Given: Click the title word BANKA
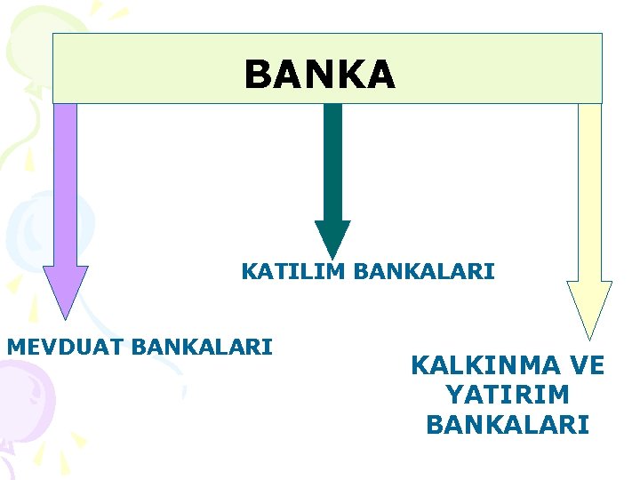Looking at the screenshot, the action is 319,75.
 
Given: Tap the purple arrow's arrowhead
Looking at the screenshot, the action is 65,289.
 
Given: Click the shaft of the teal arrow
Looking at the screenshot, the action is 332,160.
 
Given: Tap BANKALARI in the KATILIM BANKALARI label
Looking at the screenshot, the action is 423,271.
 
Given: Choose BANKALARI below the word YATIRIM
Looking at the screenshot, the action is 508,425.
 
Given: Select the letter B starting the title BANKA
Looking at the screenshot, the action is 257,75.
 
